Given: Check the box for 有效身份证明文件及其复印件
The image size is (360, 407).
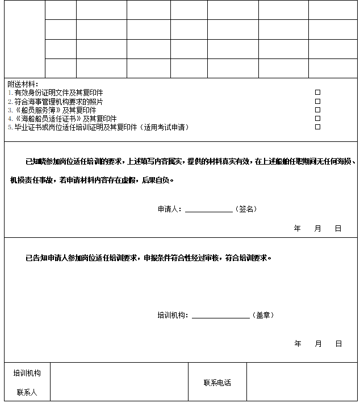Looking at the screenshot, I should click(x=318, y=92).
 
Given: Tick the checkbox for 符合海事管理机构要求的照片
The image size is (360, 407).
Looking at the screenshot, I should click(x=318, y=101).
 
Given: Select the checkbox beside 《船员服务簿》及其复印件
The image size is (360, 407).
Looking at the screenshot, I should click(x=318, y=110).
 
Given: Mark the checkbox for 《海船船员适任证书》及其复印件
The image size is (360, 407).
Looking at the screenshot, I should click(x=318, y=118).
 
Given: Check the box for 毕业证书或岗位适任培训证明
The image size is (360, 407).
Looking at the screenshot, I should click(x=318, y=127).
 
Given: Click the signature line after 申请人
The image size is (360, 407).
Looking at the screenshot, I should click(x=208, y=209).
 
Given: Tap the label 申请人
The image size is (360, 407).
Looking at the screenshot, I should click(x=168, y=209).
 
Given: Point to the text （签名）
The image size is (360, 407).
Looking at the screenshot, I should click(x=246, y=209).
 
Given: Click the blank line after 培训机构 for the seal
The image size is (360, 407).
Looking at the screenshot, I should click(x=220, y=316).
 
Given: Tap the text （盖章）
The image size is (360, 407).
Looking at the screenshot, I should click(x=263, y=315).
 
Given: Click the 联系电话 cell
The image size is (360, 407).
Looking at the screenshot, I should click(x=217, y=383).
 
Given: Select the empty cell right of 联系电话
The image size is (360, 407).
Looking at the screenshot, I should click(x=302, y=382).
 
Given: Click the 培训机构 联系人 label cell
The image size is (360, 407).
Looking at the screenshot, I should click(x=27, y=382).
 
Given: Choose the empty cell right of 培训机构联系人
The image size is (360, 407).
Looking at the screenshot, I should click(x=119, y=382).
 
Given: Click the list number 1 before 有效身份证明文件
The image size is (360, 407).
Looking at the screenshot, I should click(x=10, y=93).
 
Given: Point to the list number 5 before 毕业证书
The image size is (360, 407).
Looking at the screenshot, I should click(x=10, y=127).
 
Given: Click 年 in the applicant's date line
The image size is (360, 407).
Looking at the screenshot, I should click(x=298, y=228).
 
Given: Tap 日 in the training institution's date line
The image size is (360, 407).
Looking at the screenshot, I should click(x=338, y=343).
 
